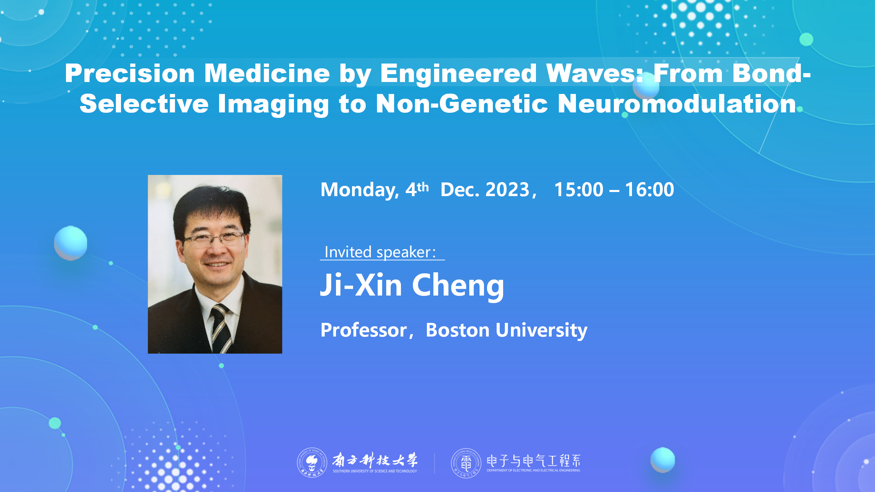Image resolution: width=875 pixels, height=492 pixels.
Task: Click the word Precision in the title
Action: pos(130,73)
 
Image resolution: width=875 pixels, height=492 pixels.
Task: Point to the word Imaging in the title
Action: pos(273,105)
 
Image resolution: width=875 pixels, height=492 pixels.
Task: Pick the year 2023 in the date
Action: pos(507,189)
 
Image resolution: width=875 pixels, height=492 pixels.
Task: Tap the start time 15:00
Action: pos(579,189)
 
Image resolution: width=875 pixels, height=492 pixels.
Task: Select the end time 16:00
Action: pos(649,189)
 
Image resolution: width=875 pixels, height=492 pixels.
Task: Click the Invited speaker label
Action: pos(380,252)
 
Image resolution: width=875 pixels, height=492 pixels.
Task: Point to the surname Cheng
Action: pos(458,286)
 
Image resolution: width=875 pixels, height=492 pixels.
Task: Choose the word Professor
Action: pos(364,330)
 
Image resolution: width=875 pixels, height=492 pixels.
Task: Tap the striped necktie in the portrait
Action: pos(221,328)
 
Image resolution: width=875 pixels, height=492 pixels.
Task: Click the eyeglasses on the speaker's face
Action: pos(214,239)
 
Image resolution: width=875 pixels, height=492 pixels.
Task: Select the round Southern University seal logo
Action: pos(312,463)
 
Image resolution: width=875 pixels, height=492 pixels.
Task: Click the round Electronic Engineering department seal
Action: pos(466,463)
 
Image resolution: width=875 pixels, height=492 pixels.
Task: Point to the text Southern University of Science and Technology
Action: pos(375,471)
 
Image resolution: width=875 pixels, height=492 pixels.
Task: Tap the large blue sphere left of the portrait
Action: pos(71,243)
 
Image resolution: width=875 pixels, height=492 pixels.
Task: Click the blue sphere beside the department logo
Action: pos(663,460)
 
